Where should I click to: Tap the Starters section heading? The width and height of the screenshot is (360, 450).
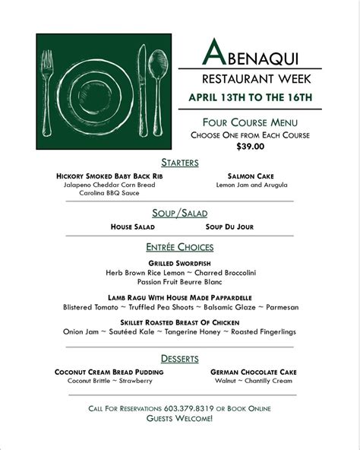180,163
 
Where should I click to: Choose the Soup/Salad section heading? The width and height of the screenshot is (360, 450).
180,214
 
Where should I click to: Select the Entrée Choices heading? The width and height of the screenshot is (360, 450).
180,247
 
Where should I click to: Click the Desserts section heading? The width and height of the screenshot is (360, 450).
180,359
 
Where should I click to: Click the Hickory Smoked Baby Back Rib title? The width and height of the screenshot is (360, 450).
109,176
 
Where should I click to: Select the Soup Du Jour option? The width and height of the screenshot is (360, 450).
229,227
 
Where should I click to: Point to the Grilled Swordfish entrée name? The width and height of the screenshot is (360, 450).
180,262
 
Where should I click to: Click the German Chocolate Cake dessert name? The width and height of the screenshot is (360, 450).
253,372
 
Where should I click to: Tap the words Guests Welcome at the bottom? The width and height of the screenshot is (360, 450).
180,419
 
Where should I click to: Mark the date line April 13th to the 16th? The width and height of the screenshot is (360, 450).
250,97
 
